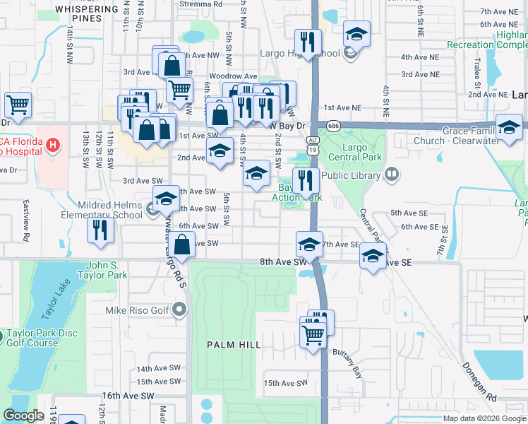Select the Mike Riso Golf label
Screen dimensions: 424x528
tap(137, 310)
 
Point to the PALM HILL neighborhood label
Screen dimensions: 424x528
tap(234, 344)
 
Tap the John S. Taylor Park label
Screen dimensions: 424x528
tap(107, 269)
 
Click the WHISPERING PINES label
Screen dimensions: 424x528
tap(88, 13)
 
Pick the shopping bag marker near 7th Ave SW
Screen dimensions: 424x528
tap(182, 245)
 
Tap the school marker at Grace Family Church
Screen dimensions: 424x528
tap(508, 127)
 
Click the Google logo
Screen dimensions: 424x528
tap(23, 416)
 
